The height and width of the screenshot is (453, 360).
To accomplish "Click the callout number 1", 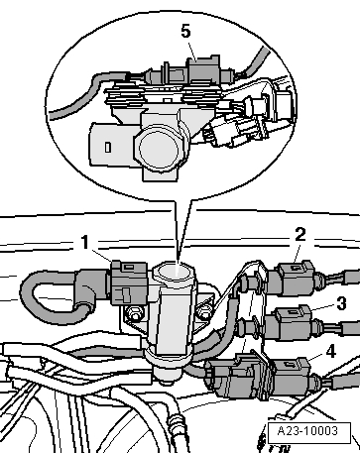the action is [x=85, y=242].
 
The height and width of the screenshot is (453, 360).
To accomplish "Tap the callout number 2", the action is [x=300, y=235].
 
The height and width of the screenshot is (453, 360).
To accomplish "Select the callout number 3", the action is [x=341, y=303].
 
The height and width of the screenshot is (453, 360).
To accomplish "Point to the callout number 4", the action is [x=331, y=351].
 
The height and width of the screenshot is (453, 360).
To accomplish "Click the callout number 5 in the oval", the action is [x=185, y=32].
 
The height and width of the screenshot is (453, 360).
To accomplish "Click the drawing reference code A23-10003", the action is [x=307, y=431].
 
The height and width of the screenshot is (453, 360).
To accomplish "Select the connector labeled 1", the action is [x=129, y=283].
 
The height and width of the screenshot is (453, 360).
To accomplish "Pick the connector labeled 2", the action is [x=297, y=278].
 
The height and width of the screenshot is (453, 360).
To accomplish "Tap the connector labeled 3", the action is [x=293, y=323].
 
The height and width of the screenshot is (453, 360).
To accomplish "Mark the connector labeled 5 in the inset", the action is [x=204, y=68].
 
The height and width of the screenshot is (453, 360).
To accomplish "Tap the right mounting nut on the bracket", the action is [x=205, y=311].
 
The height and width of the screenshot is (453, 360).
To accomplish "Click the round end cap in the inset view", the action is [x=160, y=148].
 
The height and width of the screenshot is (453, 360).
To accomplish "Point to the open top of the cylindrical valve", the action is [x=174, y=272].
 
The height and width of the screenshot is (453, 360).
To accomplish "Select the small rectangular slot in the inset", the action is [x=108, y=147].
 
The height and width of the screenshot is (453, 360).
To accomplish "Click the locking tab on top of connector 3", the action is [x=294, y=311].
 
